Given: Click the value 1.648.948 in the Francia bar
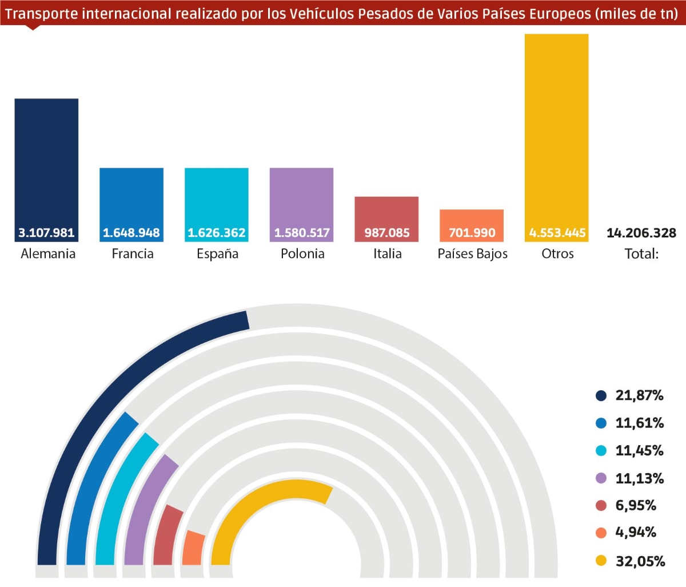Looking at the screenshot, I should [x=131, y=233].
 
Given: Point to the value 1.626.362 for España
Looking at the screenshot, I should [x=217, y=233].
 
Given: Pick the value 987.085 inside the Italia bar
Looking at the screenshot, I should [x=387, y=233].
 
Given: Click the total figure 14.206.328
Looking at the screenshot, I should [x=641, y=233].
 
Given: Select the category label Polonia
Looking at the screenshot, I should [x=302, y=253].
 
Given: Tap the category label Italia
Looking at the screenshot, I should [x=387, y=253].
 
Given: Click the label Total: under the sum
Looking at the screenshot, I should [x=641, y=253].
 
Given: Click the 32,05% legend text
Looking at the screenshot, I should [x=640, y=561].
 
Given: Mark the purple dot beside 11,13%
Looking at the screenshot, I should [x=601, y=478].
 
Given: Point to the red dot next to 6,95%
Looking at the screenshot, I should [x=601, y=506].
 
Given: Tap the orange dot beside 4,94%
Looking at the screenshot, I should [x=601, y=533].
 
